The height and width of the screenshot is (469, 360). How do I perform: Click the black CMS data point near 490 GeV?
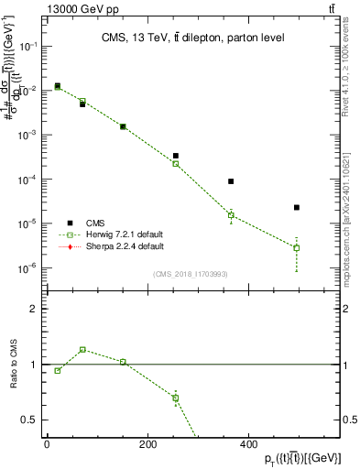(x=297, y=208)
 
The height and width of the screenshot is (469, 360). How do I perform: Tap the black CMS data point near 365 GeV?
(x=231, y=181)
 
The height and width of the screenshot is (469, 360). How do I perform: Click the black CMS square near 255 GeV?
(x=176, y=156)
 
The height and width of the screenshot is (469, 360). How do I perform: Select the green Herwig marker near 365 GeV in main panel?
(x=231, y=215)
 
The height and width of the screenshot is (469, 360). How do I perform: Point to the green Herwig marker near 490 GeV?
(x=297, y=247)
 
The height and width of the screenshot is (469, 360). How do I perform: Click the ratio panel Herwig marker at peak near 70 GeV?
(x=82, y=349)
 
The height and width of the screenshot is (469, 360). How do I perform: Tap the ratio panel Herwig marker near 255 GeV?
(x=176, y=398)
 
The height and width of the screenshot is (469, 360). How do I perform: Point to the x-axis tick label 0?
(x=47, y=445)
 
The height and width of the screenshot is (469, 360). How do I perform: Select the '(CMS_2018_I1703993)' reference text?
(x=191, y=274)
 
